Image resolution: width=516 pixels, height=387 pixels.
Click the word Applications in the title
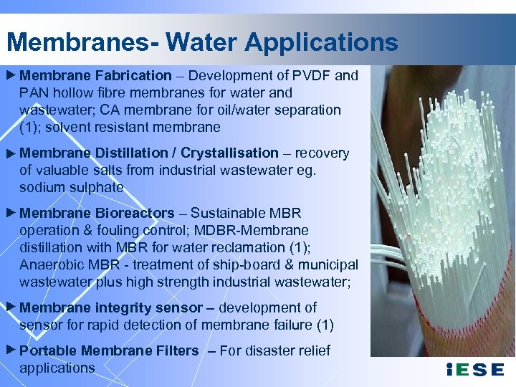pos(321,42)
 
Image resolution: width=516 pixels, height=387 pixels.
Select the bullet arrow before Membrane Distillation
pos(11,153)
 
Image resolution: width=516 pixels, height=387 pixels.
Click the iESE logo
pos(474,371)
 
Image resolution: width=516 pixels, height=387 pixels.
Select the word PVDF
pos(311,75)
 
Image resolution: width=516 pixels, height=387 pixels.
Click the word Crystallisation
pos(229,153)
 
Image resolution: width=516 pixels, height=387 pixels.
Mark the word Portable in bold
pos(48,350)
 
